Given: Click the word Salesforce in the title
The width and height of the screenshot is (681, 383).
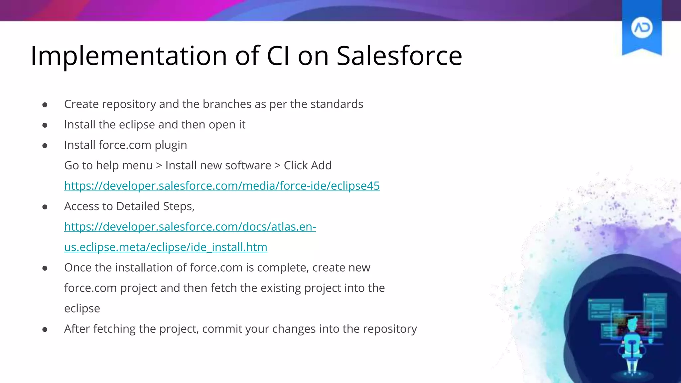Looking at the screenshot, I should click(399, 56).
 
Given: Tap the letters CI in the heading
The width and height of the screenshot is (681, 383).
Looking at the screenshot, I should click(278, 56).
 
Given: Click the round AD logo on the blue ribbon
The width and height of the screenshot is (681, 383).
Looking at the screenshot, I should click(641, 28).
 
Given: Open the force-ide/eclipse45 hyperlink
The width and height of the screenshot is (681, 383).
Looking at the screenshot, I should click(222, 186).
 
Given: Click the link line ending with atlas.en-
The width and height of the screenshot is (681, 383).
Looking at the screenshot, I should click(190, 226).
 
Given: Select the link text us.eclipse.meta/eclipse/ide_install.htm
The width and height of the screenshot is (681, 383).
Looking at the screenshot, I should click(166, 247).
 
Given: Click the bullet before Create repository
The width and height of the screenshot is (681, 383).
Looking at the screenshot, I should click(45, 105).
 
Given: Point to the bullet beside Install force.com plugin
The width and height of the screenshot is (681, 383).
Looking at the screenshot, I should click(45, 146).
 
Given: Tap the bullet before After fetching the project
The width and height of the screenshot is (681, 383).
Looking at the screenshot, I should click(45, 329).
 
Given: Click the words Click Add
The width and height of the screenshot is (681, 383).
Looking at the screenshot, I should click(308, 165).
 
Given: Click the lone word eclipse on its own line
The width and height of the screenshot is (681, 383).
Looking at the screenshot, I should click(82, 309).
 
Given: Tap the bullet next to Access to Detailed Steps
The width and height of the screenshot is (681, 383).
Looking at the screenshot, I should click(45, 207).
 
